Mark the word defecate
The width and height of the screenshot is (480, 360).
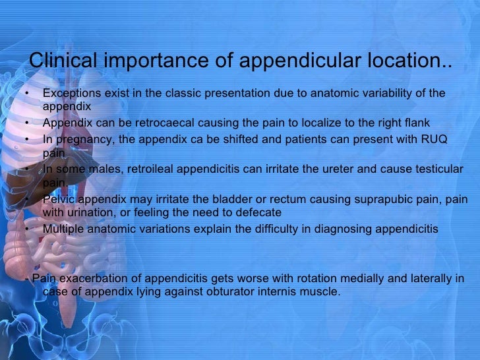[260, 212]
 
